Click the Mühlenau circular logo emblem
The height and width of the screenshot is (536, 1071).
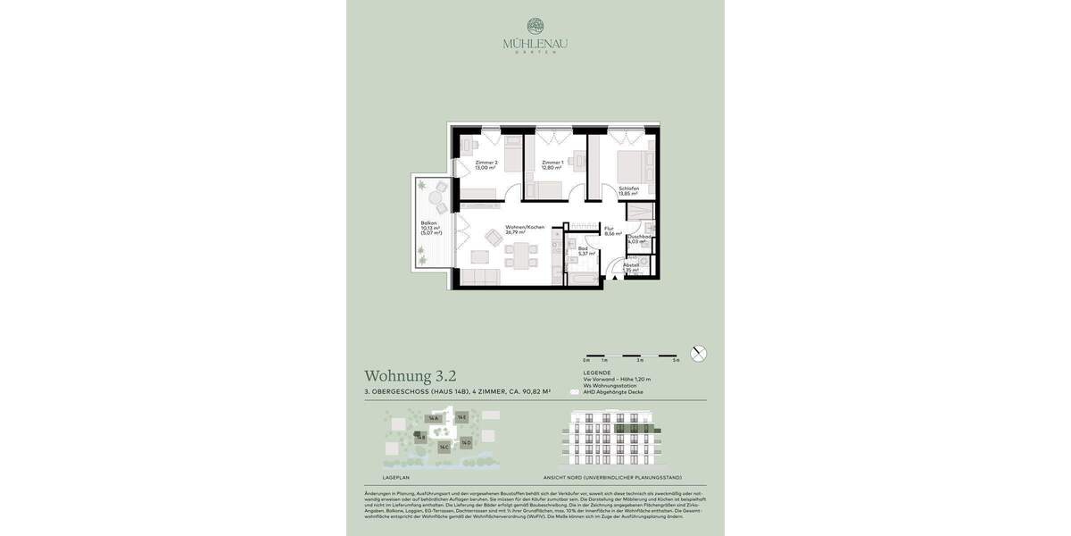pos(535,26)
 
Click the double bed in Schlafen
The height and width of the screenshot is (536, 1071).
pos(635,163)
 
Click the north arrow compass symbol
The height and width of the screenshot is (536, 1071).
pos(699,354)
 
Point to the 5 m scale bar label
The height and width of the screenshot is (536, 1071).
pos(677,360)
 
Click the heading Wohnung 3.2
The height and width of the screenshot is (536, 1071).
pos(410,376)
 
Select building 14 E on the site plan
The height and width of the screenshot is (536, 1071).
pos(461,417)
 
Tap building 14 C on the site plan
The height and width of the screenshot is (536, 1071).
pos(444,447)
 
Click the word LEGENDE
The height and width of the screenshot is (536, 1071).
pos(597,372)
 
